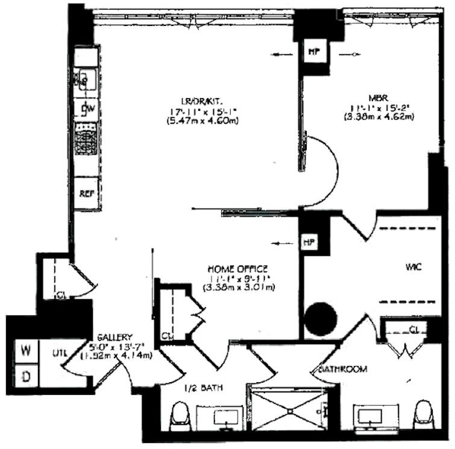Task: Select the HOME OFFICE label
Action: point(238,268)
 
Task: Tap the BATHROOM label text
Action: point(340,369)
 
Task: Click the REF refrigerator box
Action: point(85,194)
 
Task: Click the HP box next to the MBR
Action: point(313,52)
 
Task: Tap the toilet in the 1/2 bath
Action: point(180,417)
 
